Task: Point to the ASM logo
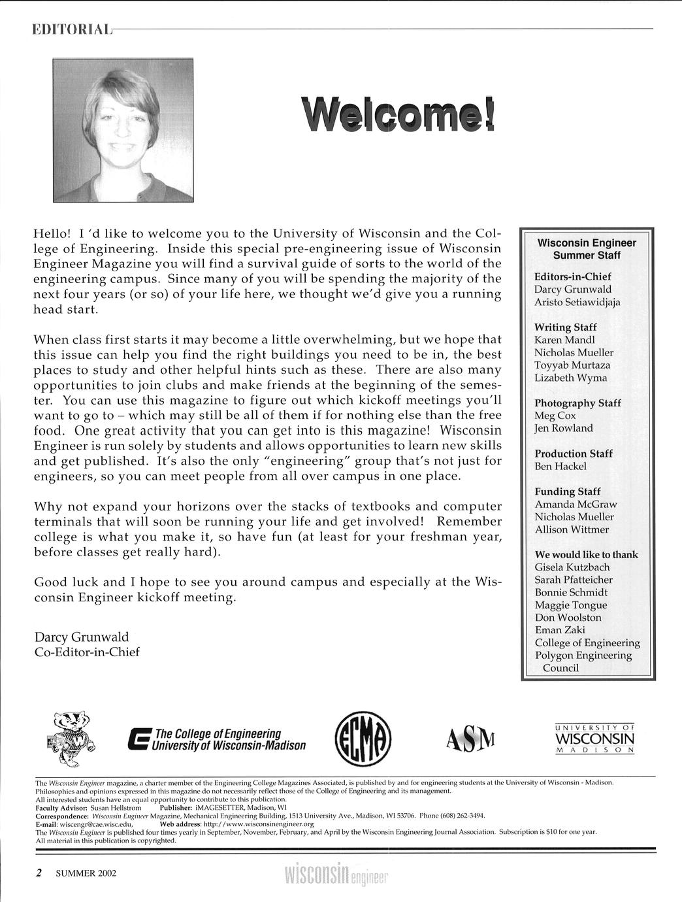point(470,739)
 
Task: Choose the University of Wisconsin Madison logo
point(594,739)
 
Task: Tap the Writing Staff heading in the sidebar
point(565,327)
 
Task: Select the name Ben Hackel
point(560,466)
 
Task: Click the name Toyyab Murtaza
point(572,365)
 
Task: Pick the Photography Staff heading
point(577,403)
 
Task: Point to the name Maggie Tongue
point(570,605)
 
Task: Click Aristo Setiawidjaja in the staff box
point(577,302)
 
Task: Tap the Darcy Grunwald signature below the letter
point(81,637)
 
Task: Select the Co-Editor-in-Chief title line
point(86,652)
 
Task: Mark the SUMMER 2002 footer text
point(86,873)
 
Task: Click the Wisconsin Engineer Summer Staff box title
point(587,249)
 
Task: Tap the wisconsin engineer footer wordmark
point(336,874)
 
